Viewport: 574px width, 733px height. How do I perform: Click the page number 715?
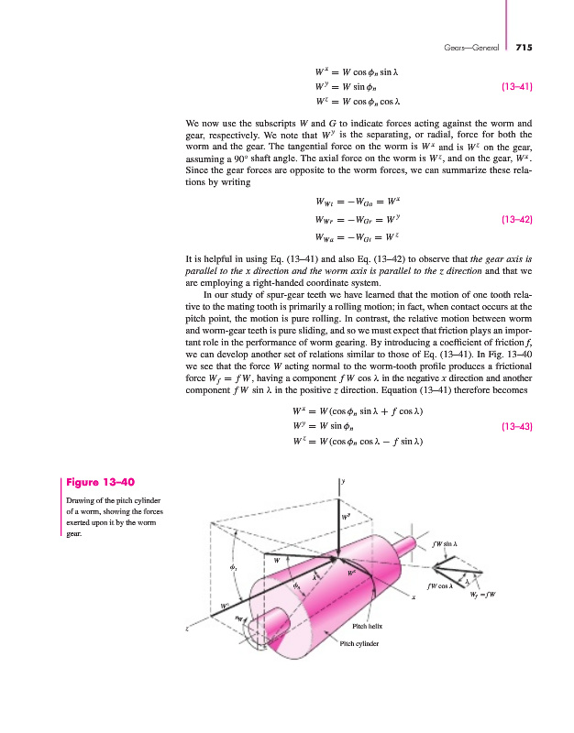(524, 48)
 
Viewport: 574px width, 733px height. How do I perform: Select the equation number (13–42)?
(519, 220)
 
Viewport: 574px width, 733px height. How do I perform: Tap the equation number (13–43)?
(519, 426)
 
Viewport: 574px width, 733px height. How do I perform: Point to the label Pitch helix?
(366, 627)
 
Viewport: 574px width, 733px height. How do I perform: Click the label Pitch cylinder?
(359, 643)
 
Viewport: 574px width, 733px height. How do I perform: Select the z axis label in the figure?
(187, 630)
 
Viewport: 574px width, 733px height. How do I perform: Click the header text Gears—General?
(476, 48)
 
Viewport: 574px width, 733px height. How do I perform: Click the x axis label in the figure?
(414, 598)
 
